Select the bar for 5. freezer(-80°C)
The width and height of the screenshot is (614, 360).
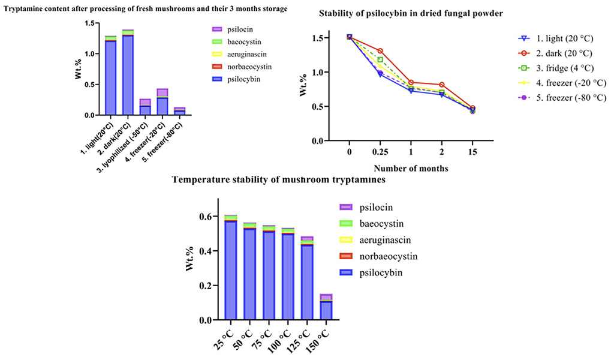click(x=180, y=111)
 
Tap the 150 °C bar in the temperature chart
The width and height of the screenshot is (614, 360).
click(x=326, y=309)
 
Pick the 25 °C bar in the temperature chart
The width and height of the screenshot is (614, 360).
click(x=230, y=270)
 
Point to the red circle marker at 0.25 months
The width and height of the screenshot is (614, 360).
click(x=380, y=51)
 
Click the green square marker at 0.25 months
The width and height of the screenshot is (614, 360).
click(x=380, y=59)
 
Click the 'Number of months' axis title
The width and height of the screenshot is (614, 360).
click(x=411, y=169)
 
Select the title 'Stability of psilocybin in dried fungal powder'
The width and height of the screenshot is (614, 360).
click(x=411, y=13)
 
